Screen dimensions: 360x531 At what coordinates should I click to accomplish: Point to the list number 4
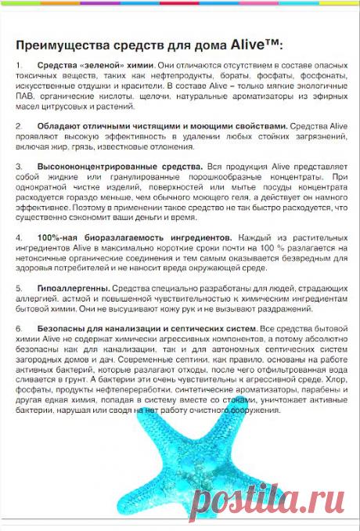[x=19, y=236]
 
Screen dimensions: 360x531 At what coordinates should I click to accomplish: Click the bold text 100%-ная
[x=56, y=236]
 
